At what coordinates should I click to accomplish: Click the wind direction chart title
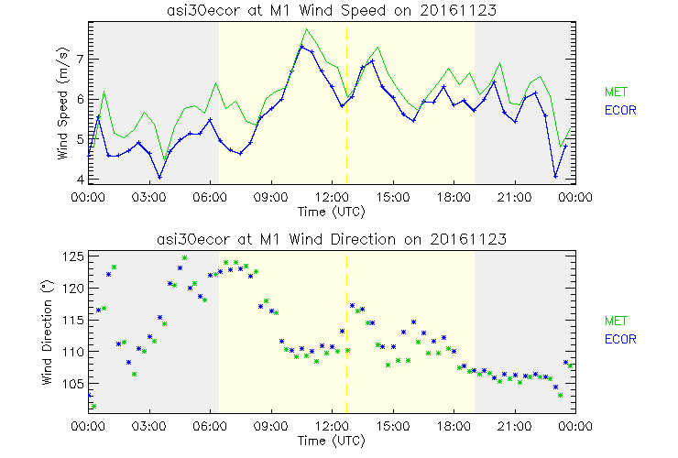(x=331, y=239)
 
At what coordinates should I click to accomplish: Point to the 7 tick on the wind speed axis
(x=80, y=58)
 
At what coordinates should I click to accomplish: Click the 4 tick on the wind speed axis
(x=80, y=180)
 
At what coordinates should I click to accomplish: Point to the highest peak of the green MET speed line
(x=307, y=29)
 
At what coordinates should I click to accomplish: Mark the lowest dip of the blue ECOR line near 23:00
(x=556, y=177)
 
